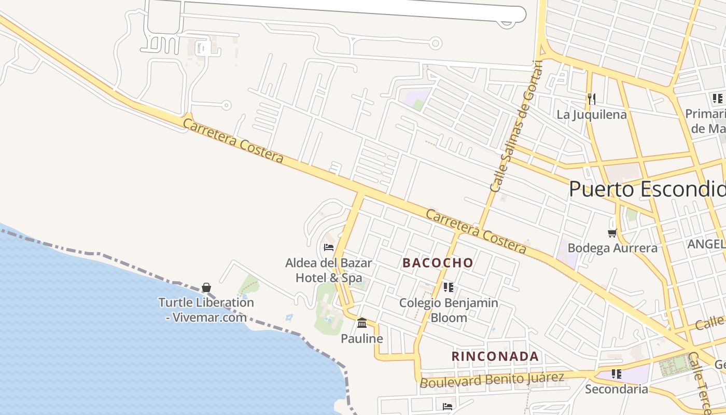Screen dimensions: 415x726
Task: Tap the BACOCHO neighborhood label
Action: [x=438, y=263]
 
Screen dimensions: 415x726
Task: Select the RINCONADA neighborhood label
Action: [x=495, y=356]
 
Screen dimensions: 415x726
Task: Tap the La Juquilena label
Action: [x=592, y=115]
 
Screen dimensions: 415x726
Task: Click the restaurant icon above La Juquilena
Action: [x=591, y=99]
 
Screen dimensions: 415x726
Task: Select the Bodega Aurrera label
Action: [x=612, y=248]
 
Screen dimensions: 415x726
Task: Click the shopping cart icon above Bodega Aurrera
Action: [x=612, y=233]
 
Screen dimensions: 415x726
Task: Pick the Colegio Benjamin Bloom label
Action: [x=449, y=310]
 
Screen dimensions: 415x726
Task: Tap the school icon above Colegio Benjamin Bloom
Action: [x=449, y=287]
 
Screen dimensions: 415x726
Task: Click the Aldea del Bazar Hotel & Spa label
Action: [x=328, y=270]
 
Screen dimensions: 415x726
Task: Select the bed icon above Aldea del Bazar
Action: [x=328, y=247]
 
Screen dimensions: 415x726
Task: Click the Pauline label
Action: [x=362, y=339]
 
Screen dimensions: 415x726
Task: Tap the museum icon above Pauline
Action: [x=362, y=323]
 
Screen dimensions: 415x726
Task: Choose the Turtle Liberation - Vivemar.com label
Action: [x=206, y=310]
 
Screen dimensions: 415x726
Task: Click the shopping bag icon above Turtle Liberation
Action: [x=206, y=287]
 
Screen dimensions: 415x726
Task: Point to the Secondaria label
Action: [x=617, y=389]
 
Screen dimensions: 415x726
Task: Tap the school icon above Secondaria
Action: [x=617, y=374]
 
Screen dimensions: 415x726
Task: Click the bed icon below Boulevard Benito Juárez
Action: [x=448, y=406]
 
